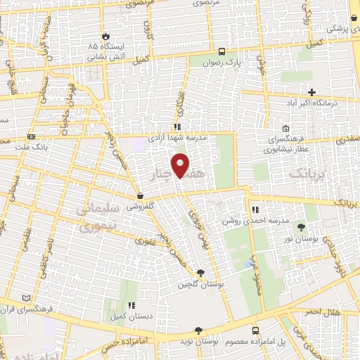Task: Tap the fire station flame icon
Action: tap(105, 35)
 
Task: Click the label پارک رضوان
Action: tap(221, 61)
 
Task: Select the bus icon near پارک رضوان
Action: tap(221, 51)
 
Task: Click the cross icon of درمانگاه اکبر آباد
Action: tap(312, 92)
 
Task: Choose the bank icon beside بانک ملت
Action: tap(31, 136)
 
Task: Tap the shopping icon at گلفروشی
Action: tap(141, 196)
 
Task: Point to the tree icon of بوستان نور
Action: tap(302, 226)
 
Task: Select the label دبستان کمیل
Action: tap(131, 316)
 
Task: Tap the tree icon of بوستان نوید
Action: tap(199, 330)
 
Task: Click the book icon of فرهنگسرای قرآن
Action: tap(27, 298)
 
